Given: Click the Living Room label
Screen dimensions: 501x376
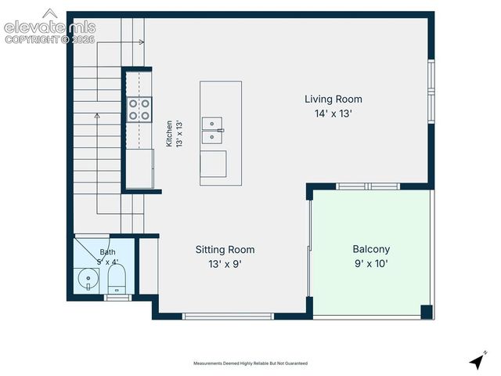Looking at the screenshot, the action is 333,99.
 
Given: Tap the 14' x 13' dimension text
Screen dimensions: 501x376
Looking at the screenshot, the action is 333,114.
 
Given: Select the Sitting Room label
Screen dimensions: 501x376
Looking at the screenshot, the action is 225,250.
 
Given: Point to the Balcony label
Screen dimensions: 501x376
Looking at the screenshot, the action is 371,249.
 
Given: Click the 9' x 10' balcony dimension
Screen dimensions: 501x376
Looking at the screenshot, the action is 371,264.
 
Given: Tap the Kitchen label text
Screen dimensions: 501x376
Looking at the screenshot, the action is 169,134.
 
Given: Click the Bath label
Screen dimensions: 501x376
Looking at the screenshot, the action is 107,252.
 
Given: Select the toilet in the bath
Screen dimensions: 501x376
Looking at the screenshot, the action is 117,279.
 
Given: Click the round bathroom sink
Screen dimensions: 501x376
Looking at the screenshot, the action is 88,279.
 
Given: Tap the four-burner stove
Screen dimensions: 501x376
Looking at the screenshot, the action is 139,110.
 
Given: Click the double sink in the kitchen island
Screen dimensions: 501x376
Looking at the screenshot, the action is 212,130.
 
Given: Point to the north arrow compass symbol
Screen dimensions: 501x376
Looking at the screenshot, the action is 478,360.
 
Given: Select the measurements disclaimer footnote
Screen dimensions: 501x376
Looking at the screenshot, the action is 250,363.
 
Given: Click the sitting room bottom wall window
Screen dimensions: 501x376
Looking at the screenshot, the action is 228,316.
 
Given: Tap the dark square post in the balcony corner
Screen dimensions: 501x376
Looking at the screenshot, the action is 427,312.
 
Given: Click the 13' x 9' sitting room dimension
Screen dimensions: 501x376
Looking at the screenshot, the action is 225,265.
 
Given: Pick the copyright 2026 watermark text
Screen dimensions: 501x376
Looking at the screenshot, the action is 50,39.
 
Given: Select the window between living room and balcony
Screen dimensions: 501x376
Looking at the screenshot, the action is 368,186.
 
